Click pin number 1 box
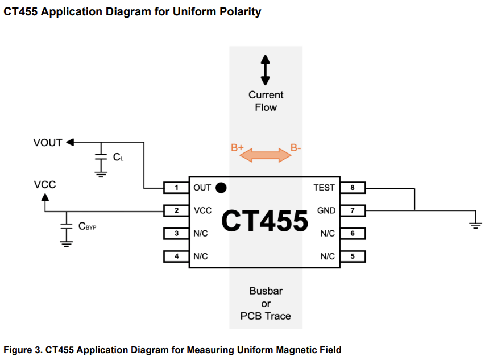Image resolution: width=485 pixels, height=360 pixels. [x=176, y=188]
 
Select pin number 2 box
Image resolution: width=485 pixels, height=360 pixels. [x=176, y=210]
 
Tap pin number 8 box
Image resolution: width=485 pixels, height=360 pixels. [x=353, y=188]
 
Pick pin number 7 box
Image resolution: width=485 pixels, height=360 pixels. [x=353, y=210]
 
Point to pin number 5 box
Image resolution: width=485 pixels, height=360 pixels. [x=353, y=256]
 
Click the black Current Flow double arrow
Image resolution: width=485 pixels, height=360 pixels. [x=266, y=69]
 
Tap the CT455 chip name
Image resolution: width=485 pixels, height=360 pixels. [x=264, y=221]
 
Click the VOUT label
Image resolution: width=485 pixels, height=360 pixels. [x=48, y=143]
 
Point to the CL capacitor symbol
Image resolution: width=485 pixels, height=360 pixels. [x=101, y=156]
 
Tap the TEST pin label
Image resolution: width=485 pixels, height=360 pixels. [x=324, y=188]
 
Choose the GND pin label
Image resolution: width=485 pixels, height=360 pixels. [x=326, y=210]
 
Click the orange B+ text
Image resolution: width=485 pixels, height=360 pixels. [x=237, y=148]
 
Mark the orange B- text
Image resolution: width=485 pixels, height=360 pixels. [x=296, y=148]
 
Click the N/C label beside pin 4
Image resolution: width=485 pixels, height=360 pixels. [x=201, y=256]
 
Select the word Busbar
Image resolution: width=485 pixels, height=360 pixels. [x=266, y=291]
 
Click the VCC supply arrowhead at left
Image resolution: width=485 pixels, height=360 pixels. [x=45, y=197]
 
